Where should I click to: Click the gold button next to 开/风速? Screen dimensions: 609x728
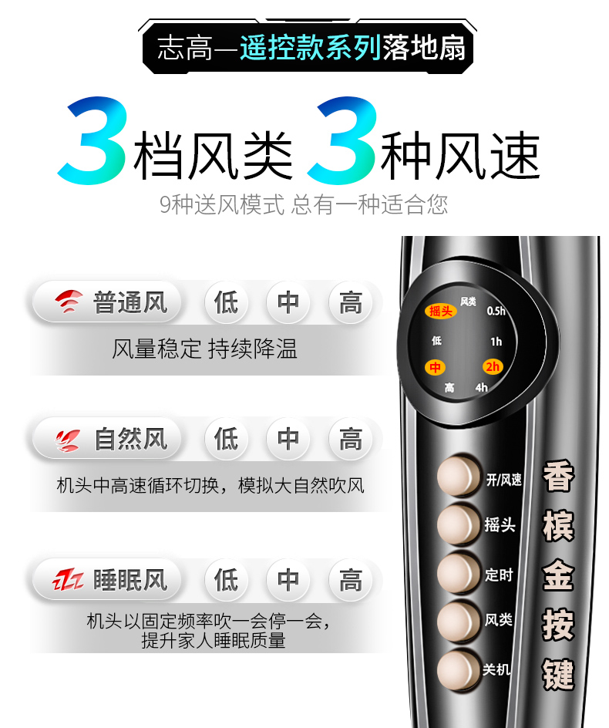459,476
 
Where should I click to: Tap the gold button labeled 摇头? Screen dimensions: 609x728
459,524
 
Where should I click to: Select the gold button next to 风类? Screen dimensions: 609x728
459,622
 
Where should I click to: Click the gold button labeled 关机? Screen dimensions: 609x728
459,670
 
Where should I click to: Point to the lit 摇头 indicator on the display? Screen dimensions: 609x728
440,311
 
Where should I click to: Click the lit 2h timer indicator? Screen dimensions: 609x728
493,367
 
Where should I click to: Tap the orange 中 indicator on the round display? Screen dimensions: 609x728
435,368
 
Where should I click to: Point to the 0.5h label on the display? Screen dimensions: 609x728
496,311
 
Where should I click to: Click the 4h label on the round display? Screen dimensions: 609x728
481,387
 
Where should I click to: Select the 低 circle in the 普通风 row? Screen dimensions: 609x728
226,303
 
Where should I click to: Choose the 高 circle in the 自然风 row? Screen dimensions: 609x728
351,439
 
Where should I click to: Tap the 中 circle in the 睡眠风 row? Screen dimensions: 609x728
288,580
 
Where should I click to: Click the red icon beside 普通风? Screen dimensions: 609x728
69,302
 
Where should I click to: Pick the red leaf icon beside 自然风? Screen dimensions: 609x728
67,440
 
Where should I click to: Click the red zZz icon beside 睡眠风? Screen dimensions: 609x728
68,580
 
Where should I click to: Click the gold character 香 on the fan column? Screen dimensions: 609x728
558,476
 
